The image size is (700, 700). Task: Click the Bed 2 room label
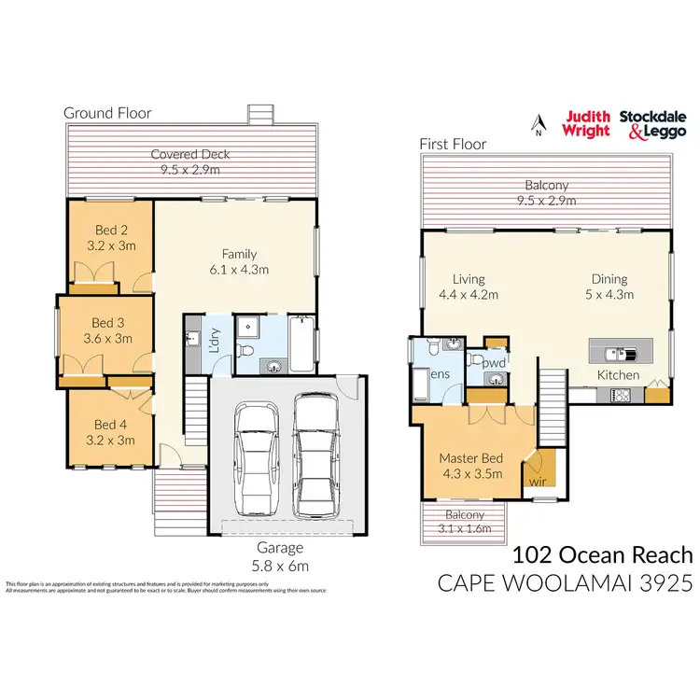coord(110,239)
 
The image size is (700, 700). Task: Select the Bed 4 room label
coord(110,432)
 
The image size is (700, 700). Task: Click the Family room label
coord(239,261)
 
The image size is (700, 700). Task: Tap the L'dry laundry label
coord(215,338)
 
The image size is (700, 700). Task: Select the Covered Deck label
coord(190,161)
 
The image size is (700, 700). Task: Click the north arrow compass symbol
coord(537,123)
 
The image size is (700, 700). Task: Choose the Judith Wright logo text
coord(585,124)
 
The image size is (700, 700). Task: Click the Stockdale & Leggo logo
coord(652,124)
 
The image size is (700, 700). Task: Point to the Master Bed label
coord(471,465)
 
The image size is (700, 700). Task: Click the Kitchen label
coord(619,375)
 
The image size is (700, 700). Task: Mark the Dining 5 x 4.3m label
coord(609,287)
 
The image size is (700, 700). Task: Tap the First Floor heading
coord(453,145)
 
